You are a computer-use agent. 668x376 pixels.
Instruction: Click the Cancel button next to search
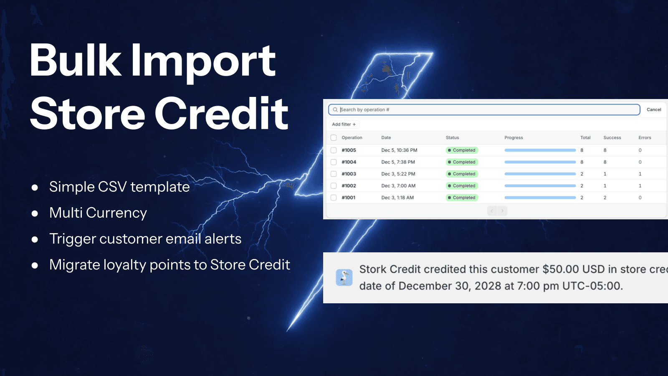(x=653, y=109)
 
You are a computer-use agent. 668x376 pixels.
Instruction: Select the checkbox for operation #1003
(x=334, y=174)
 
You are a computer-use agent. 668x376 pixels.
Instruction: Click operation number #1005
(x=349, y=150)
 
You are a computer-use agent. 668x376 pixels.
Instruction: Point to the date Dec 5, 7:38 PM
(x=398, y=162)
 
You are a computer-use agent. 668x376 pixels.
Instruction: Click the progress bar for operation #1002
(x=540, y=186)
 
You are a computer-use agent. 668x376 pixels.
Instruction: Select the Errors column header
(x=645, y=137)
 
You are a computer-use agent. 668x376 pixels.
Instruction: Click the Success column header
(x=612, y=137)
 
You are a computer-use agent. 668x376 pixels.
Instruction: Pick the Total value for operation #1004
(x=582, y=162)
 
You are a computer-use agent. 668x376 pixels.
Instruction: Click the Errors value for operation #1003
(x=640, y=174)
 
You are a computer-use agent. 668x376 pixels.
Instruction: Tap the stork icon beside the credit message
(x=344, y=277)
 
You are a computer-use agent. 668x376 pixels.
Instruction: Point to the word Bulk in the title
(x=75, y=61)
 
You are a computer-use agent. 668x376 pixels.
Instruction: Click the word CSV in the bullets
(x=112, y=187)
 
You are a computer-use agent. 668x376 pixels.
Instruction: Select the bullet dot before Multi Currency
(x=35, y=213)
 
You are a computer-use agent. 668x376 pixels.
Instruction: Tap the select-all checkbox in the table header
(x=334, y=137)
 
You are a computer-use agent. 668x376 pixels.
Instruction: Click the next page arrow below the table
(x=502, y=211)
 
